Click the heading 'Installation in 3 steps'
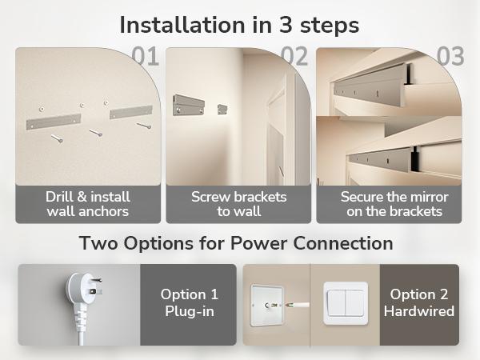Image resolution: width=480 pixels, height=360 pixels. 239,24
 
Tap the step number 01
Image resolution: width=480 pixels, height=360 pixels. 145,57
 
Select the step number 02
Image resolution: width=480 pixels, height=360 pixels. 294,57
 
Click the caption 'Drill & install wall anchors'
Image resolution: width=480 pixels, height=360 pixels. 87,204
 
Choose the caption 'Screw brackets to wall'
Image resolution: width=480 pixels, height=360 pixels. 238,204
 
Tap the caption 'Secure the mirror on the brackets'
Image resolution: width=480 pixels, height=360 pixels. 394,204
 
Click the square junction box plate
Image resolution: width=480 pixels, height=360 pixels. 269,305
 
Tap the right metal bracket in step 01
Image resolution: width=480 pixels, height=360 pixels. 130,109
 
